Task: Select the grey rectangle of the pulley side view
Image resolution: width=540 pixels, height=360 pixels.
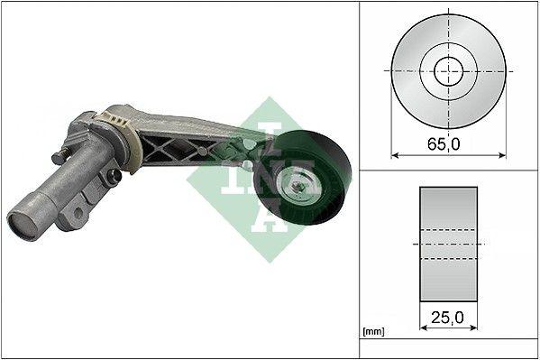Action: [x=448, y=245]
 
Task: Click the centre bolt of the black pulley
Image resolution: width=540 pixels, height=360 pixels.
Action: [x=297, y=188]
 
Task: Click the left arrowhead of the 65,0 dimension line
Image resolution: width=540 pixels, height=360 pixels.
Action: [x=394, y=153]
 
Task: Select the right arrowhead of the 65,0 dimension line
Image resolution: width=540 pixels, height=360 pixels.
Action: [x=502, y=153]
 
